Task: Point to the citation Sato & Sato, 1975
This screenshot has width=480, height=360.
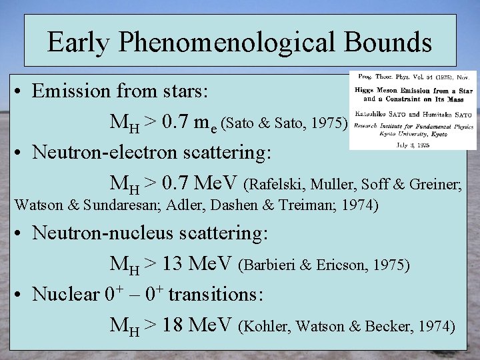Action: click(284, 123)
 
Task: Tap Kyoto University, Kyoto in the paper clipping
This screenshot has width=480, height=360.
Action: click(413, 133)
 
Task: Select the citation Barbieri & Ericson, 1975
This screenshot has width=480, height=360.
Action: click(325, 265)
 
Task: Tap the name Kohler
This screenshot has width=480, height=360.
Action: click(267, 326)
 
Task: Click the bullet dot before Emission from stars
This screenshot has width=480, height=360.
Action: click(21, 91)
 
